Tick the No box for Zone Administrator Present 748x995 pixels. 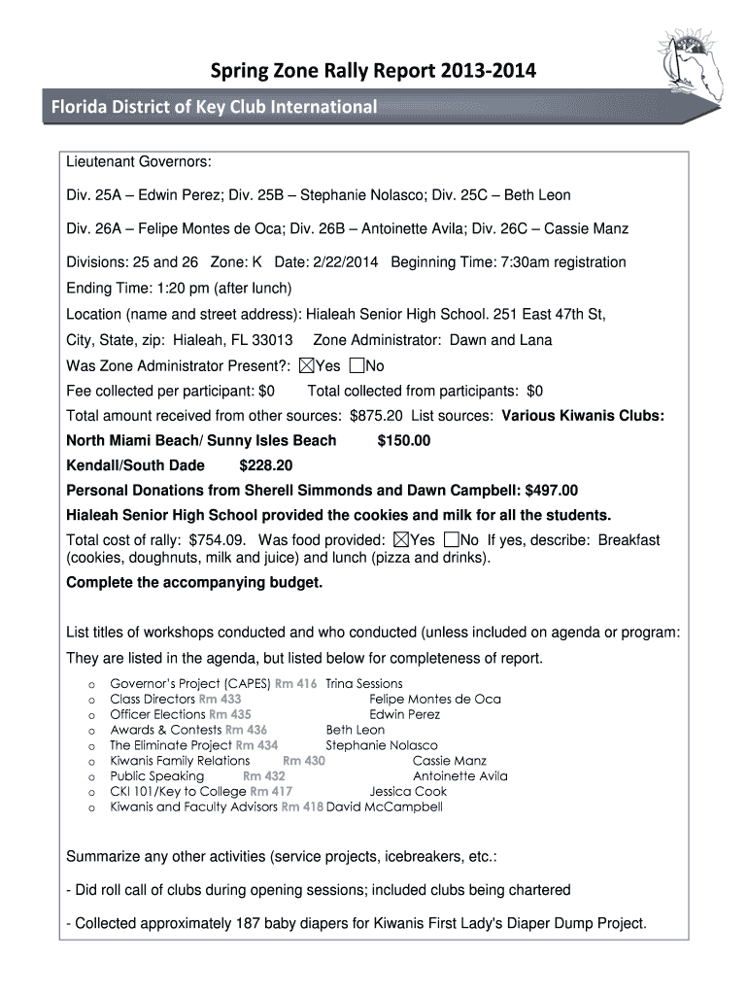coord(356,365)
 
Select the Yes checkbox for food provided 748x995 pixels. coord(400,540)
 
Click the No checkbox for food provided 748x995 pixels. coord(450,540)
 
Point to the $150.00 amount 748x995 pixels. coord(403,440)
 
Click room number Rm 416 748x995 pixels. coord(296,683)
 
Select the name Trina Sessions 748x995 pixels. coord(364,683)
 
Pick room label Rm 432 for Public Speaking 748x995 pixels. coord(264,776)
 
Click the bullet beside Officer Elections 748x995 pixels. coord(91,715)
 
